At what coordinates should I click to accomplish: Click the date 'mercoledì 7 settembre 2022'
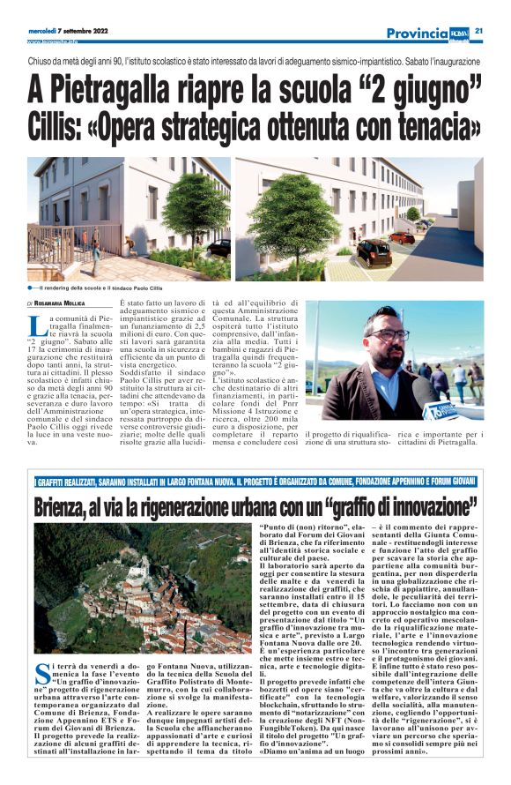point(68,31)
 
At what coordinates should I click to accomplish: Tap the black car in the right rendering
point(374,252)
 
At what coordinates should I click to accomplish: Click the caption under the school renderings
point(96,288)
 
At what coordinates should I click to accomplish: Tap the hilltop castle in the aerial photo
point(137,564)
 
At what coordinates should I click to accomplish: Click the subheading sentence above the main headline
point(255,64)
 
